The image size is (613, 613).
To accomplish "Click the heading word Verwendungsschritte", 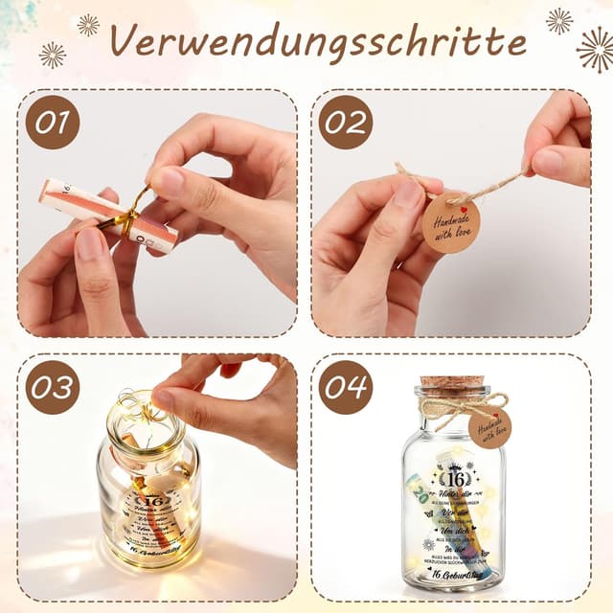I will point(317,40).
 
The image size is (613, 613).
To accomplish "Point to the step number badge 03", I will point(52,388).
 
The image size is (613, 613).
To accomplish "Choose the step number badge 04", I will point(345,388).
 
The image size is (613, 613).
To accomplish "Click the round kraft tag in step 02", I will point(450,221).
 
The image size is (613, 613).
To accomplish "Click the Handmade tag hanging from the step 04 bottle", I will point(489,428).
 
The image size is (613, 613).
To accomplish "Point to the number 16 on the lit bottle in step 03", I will point(151,499).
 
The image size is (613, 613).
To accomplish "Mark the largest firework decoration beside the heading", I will point(595,49).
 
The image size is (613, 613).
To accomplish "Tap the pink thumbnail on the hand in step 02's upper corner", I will point(551,161).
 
